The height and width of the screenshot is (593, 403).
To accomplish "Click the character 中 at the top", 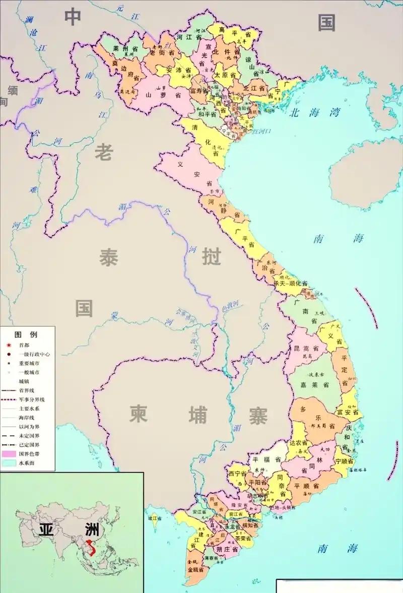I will pyautogui.click(x=73, y=17).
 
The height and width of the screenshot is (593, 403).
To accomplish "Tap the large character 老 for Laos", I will pyautogui.click(x=104, y=152).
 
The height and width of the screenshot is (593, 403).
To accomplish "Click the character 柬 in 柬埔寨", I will pyautogui.click(x=138, y=414).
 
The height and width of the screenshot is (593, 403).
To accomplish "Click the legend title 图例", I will pyautogui.click(x=26, y=335).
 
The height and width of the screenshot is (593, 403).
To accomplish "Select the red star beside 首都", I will pyautogui.click(x=9, y=345).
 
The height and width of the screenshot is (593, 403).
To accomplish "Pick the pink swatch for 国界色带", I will pyautogui.click(x=9, y=454).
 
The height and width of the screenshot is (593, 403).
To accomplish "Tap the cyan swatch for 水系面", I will pyautogui.click(x=9, y=463).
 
